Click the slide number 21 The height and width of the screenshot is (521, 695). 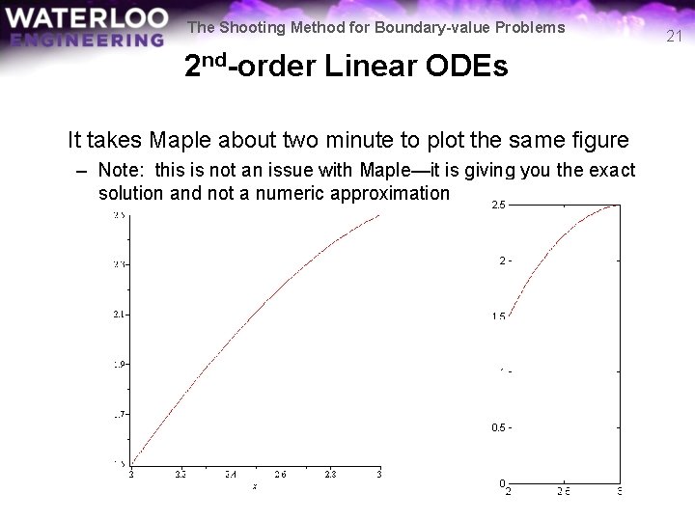(675, 38)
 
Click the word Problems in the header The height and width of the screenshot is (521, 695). (530, 28)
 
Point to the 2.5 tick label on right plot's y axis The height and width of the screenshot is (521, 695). (498, 205)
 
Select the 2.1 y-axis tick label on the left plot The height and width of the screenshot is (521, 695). (119, 315)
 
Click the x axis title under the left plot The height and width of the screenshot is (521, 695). (255, 487)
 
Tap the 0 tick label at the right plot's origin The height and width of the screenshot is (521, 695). (502, 482)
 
